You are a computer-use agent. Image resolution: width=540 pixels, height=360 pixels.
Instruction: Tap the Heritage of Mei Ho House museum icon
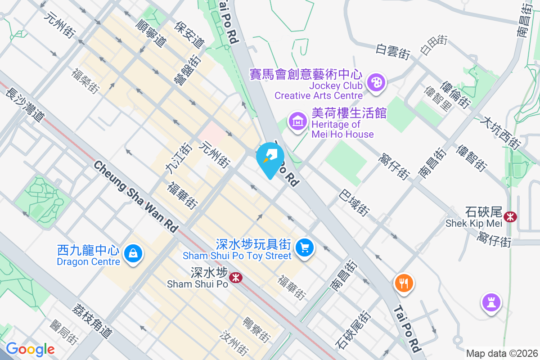[297, 121]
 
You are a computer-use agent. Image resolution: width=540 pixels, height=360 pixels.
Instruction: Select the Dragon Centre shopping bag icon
[133, 254]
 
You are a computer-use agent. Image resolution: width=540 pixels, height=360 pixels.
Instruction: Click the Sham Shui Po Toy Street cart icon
[305, 247]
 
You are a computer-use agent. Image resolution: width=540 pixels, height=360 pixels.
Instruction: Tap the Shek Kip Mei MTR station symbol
[510, 216]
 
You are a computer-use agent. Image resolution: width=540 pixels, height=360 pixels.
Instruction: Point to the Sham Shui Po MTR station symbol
[235, 277]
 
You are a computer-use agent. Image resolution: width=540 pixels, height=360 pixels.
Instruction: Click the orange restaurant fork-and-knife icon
[404, 283]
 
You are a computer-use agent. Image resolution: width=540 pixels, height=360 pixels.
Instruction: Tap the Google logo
[30, 349]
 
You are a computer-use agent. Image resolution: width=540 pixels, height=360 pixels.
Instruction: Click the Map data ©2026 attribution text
[501, 353]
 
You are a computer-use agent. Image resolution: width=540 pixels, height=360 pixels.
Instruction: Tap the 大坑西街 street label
[500, 133]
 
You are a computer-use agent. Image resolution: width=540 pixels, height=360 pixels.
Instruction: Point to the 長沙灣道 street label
[26, 105]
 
